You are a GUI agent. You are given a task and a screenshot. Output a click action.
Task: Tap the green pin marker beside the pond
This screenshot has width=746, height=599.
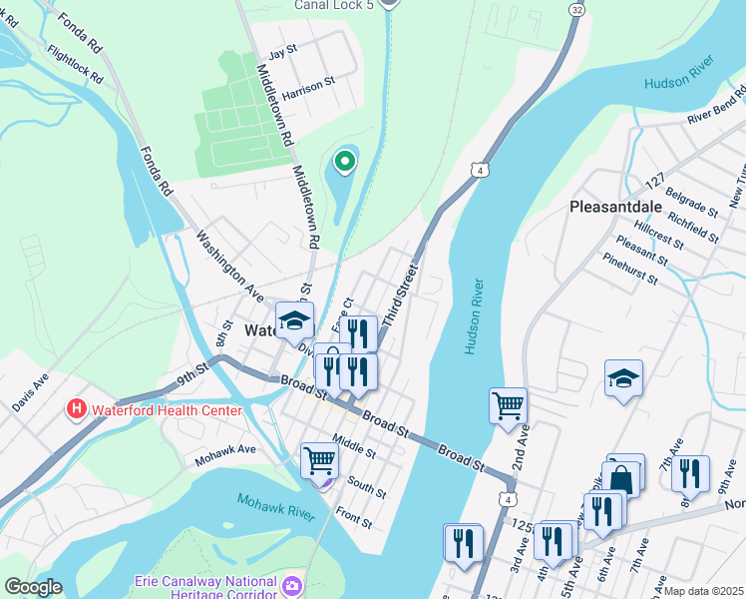[x=345, y=160]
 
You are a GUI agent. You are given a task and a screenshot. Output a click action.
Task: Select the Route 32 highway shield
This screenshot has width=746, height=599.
[x=577, y=8]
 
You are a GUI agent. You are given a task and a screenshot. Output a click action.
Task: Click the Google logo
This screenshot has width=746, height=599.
[x=33, y=587]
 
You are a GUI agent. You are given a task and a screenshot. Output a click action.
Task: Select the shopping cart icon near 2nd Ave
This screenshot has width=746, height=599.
[x=509, y=405]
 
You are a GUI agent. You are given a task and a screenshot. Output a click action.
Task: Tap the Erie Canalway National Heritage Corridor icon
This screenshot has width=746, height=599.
[x=292, y=583]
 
